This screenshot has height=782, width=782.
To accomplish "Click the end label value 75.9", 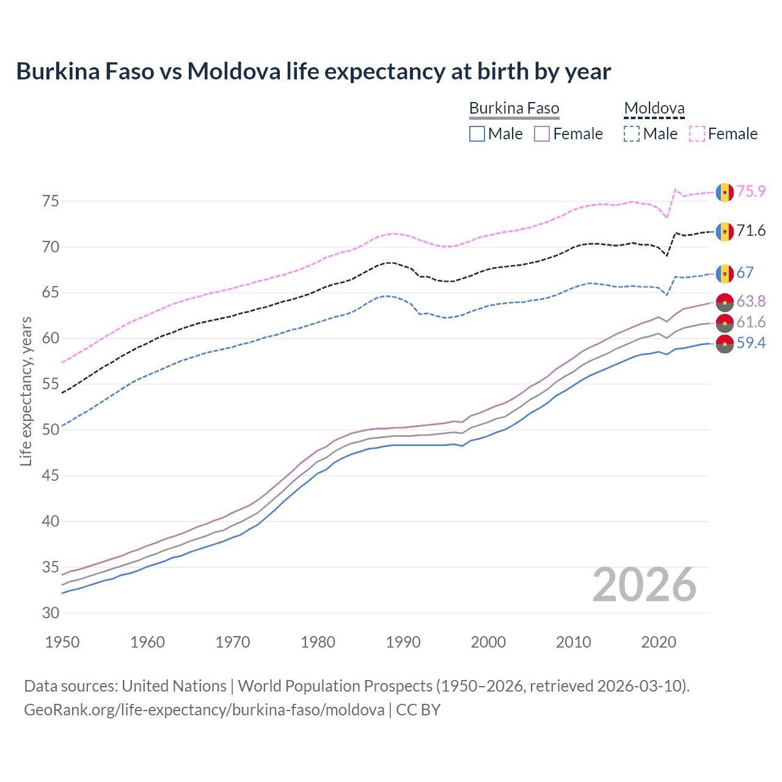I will click(x=751, y=191).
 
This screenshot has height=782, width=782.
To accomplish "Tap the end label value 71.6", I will click(x=751, y=231).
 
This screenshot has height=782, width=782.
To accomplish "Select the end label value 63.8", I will click(x=751, y=301).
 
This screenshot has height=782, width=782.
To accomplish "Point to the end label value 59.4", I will click(x=751, y=343).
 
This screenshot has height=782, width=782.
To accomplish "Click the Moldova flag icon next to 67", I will click(x=725, y=274).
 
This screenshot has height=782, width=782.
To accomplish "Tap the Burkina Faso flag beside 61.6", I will click(x=725, y=323).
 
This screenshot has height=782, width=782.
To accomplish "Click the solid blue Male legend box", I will click(x=477, y=134).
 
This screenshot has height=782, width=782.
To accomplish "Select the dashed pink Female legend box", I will click(x=697, y=134).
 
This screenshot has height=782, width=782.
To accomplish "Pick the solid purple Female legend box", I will click(x=542, y=134).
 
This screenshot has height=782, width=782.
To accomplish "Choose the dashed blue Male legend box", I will click(x=632, y=134).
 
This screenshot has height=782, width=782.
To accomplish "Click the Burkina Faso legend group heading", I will click(x=514, y=109).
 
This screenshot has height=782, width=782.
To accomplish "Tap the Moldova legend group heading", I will click(x=654, y=109).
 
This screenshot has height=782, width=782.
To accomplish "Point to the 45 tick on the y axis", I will click(x=51, y=475).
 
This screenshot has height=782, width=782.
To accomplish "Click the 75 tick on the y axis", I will click(x=51, y=201).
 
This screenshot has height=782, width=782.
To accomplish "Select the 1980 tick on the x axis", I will click(x=318, y=642).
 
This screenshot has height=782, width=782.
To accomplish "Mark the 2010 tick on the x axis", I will click(x=573, y=642).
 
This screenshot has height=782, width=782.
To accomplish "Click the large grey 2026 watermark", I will click(x=645, y=585).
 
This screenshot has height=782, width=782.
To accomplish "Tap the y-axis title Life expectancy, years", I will click(x=26, y=391).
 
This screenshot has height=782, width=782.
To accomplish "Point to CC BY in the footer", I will click(x=418, y=710).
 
